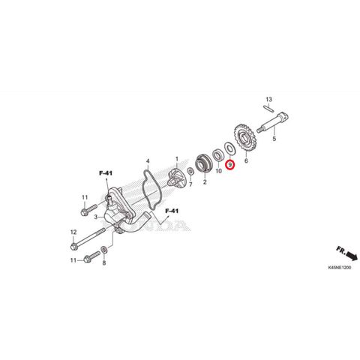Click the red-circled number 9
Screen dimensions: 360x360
click(x=229, y=165)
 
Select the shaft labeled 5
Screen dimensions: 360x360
click(x=273, y=122)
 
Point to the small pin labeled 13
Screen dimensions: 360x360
click(x=269, y=108)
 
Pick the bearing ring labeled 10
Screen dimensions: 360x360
click(x=218, y=155)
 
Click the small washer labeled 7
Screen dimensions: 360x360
click(x=190, y=172)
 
